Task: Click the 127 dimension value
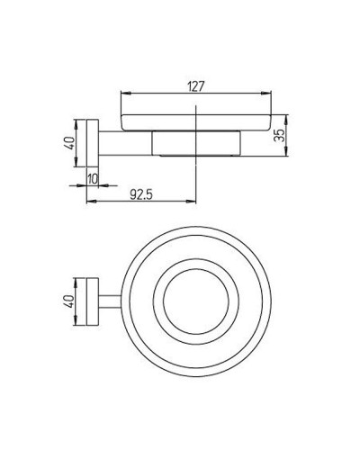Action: point(196,86)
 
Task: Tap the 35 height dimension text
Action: point(279,136)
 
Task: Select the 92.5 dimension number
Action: point(141,195)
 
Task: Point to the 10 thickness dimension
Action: point(93,179)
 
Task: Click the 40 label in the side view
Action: point(69,143)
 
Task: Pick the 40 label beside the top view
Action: point(69,301)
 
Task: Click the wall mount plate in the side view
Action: point(93,143)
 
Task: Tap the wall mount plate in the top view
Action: point(93,301)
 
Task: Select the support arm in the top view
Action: point(111,301)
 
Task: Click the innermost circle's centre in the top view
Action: point(196,301)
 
